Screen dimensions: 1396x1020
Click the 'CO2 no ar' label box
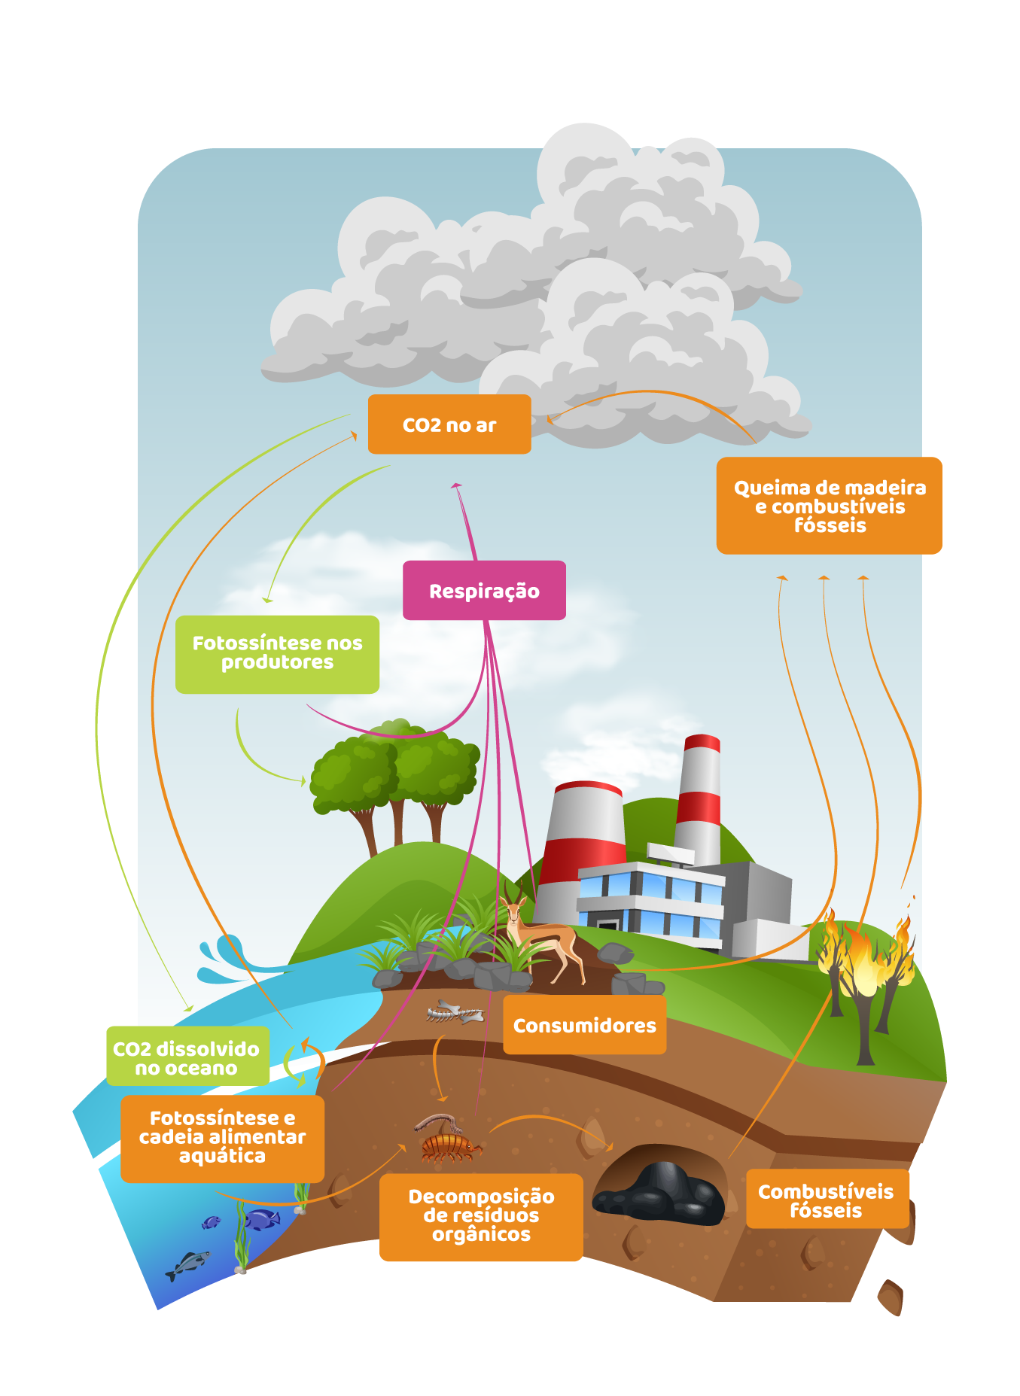(449, 424)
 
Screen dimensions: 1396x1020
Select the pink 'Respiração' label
(484, 591)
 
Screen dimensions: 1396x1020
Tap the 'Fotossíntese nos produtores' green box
(277, 654)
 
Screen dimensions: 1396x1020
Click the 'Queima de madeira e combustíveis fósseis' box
(829, 506)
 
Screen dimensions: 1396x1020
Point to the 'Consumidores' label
(584, 1025)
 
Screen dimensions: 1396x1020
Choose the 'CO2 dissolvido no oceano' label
(187, 1057)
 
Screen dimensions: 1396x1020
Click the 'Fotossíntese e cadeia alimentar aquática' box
(222, 1138)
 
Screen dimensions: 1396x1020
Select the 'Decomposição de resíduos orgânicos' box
(481, 1216)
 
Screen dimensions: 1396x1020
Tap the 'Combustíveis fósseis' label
(826, 1200)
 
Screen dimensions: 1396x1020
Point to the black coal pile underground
(659, 1193)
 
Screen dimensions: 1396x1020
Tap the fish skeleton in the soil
(455, 1013)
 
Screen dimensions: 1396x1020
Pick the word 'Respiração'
(484, 592)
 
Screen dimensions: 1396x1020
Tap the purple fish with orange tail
(261, 1219)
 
